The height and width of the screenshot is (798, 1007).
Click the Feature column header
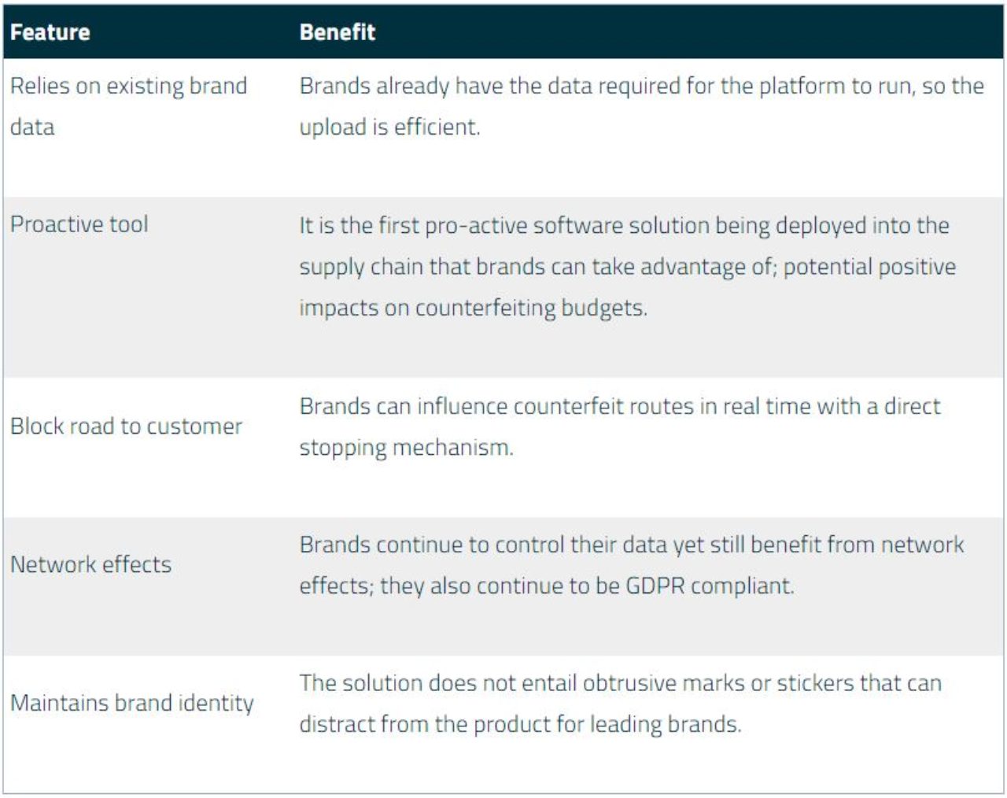click(50, 32)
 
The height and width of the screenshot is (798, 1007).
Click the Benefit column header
click(337, 32)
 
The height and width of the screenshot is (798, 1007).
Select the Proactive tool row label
click(79, 224)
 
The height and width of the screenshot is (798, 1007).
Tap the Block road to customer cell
click(126, 427)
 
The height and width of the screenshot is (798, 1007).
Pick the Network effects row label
click(90, 564)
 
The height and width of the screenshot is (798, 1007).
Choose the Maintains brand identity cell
click(132, 704)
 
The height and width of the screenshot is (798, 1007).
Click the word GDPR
click(655, 586)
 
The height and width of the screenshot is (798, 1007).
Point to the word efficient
click(437, 127)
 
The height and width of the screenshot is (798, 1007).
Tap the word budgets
click(604, 308)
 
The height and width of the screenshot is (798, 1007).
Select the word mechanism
click(453, 448)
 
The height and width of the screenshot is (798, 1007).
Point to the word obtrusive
click(629, 683)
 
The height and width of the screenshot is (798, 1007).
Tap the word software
click(578, 226)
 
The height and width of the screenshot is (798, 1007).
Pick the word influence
click(463, 406)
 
